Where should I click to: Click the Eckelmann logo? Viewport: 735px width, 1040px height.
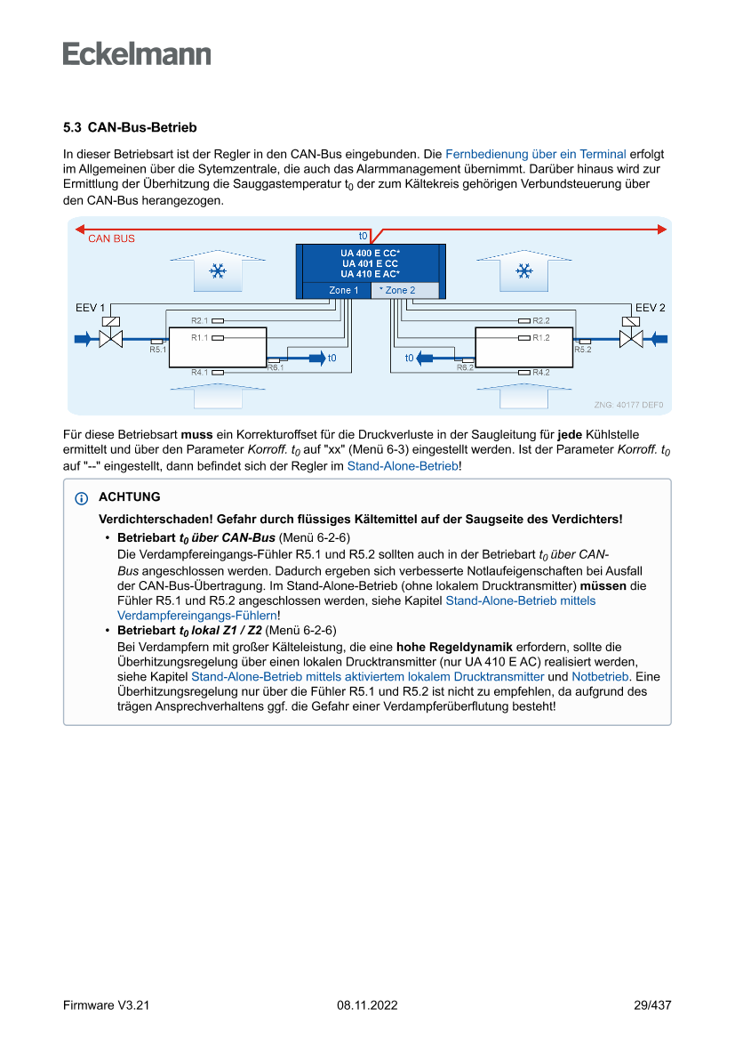coord(137,54)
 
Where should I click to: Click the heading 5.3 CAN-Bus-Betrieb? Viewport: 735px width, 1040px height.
coord(130,128)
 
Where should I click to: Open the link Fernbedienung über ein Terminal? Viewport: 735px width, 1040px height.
coord(535,154)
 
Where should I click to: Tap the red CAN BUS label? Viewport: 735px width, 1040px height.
coord(111,238)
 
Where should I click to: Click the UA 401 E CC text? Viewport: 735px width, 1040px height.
coord(369,263)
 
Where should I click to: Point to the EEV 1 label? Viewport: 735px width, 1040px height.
coord(90,308)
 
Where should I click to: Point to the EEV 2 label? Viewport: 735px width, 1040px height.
coord(650,308)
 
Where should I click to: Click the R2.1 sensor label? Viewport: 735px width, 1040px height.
coord(199,320)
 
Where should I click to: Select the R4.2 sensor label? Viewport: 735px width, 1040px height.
coord(540,372)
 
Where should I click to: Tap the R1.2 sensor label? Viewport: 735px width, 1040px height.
coord(540,338)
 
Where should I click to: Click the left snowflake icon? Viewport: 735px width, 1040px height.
coord(216,271)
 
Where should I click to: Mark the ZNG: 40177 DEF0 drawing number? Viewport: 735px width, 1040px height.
coord(627,405)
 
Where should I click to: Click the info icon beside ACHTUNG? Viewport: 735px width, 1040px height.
coord(82,498)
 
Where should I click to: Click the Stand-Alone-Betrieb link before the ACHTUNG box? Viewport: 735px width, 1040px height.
coord(403,465)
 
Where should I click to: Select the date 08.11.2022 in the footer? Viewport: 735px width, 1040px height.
coord(367,1005)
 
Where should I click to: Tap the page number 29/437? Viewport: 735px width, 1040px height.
coord(651,1005)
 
